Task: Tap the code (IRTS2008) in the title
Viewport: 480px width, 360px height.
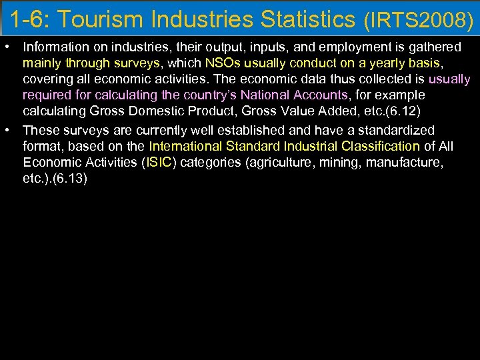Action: click(x=418, y=21)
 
